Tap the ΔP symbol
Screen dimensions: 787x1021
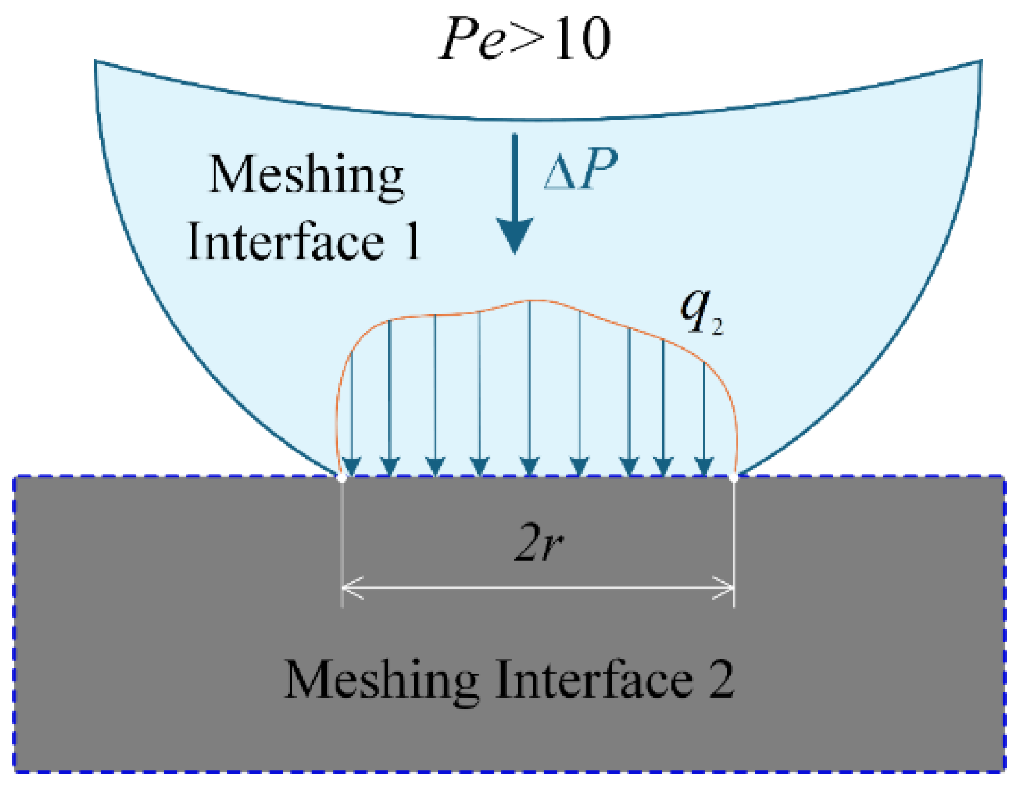click(x=580, y=169)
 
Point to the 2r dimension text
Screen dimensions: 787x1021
click(x=538, y=542)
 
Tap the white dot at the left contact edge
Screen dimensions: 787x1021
click(x=342, y=478)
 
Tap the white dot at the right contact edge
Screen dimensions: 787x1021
click(x=734, y=478)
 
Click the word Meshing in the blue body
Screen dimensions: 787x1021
click(x=307, y=176)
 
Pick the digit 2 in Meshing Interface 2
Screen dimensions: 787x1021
click(x=721, y=680)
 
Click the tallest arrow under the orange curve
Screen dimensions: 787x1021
click(x=529, y=388)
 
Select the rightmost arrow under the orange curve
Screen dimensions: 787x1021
click(x=704, y=418)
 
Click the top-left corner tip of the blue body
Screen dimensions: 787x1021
click(x=96, y=61)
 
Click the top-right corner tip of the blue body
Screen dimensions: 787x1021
click(x=981, y=61)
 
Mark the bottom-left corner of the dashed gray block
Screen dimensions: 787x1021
click(x=14, y=771)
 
